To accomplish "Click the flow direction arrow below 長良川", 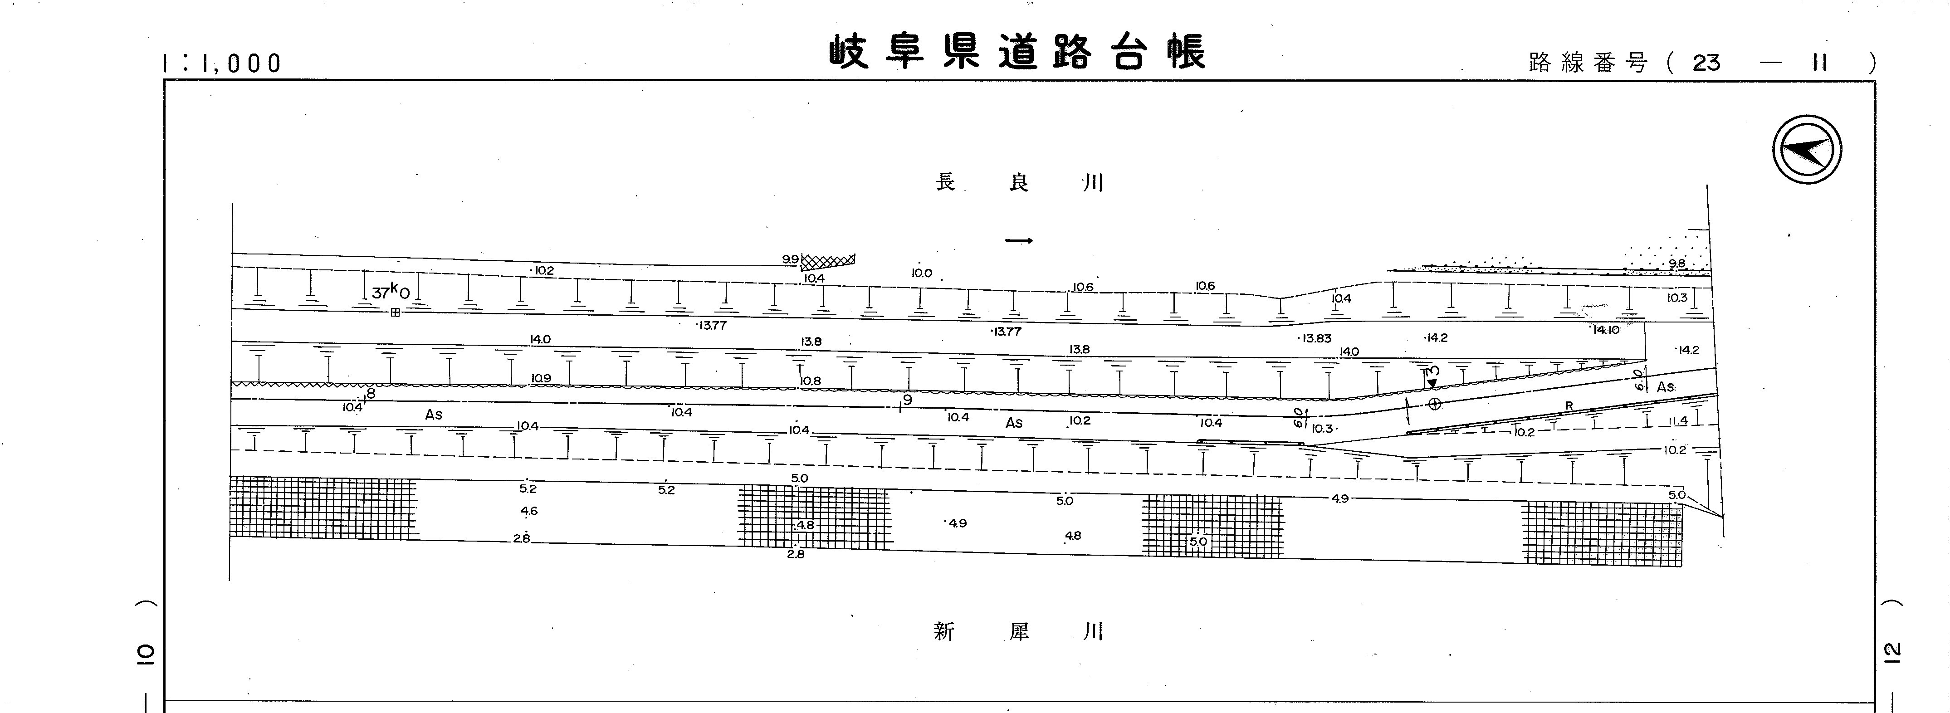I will point(1019,241).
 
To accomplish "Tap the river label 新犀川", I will point(1019,631).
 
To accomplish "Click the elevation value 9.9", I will point(790,259).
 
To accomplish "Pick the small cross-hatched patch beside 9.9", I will point(827,261).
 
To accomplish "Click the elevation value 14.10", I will point(1606,330).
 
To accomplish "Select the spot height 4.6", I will point(529,511).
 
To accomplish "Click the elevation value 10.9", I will point(541,378).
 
